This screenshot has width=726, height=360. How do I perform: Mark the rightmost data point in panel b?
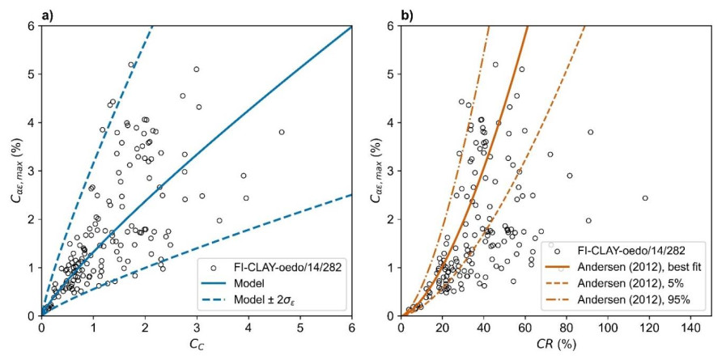[x=645, y=198]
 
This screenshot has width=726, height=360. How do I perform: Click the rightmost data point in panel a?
[x=282, y=132]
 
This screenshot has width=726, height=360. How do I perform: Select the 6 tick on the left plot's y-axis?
[x=32, y=26]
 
